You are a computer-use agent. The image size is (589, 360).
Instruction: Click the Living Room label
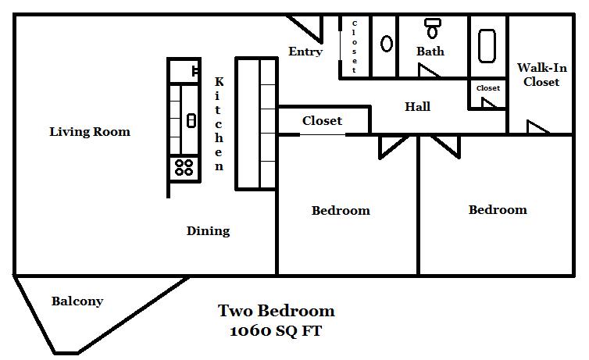tap(90, 131)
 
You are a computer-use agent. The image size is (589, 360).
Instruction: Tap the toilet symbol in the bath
tap(432, 29)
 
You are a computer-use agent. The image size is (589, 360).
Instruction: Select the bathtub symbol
tap(487, 46)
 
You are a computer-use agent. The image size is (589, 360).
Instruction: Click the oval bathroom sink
tap(387, 44)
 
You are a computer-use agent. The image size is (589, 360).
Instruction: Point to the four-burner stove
tap(184, 167)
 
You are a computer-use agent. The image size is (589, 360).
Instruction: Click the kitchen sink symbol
tap(191, 120)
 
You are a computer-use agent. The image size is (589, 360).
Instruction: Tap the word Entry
tap(305, 52)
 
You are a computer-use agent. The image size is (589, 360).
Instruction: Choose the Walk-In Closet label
tap(541, 75)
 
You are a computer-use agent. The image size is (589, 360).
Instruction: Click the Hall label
tap(417, 107)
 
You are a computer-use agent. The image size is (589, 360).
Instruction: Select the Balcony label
tap(77, 301)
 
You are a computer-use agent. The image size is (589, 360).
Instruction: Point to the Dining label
tap(208, 231)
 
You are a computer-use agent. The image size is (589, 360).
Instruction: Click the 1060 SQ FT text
tap(276, 331)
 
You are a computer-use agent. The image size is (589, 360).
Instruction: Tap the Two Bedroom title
tap(276, 311)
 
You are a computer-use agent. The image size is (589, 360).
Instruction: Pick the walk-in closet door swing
tap(537, 127)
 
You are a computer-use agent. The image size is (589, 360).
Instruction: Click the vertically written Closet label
tap(354, 47)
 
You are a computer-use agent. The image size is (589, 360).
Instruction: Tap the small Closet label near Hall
tap(488, 88)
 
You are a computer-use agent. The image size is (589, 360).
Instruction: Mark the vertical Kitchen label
tap(219, 124)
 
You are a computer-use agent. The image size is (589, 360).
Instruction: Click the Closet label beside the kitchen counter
tap(323, 121)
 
